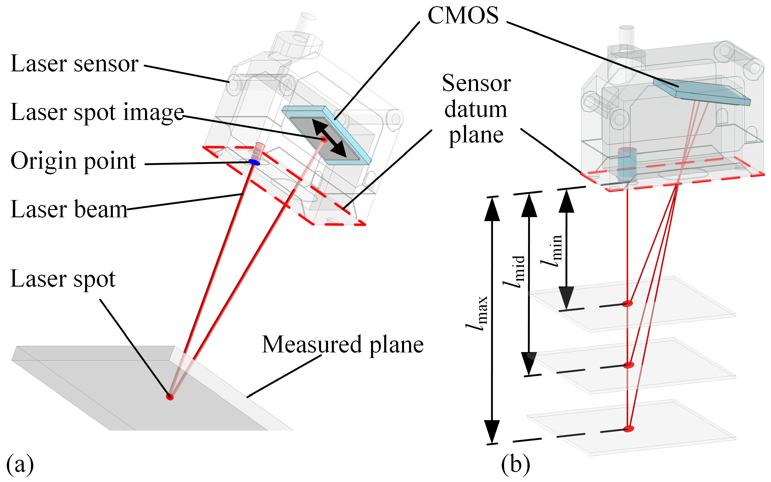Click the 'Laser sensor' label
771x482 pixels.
point(74,64)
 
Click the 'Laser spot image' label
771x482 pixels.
point(97,112)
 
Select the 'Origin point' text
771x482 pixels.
point(73,161)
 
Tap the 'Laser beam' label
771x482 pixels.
point(69,209)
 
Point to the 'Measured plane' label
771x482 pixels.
point(342,345)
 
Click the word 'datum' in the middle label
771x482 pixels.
point(475,109)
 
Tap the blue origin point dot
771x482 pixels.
point(254,162)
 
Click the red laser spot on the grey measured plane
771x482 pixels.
point(170,397)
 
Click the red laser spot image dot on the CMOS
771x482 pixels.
point(324,139)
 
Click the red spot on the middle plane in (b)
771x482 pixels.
point(628,365)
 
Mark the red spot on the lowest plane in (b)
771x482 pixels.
point(628,428)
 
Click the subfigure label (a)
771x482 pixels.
point(20,464)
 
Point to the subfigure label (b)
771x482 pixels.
point(515,464)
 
